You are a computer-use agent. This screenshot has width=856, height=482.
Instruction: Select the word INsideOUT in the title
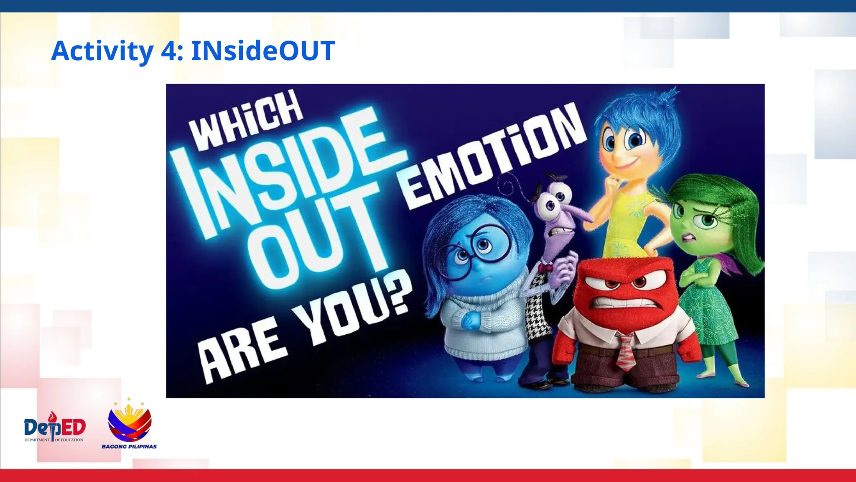click(263, 51)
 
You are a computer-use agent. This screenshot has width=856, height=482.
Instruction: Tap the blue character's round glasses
click(476, 247)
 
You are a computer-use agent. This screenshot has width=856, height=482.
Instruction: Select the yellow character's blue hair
click(639, 113)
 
